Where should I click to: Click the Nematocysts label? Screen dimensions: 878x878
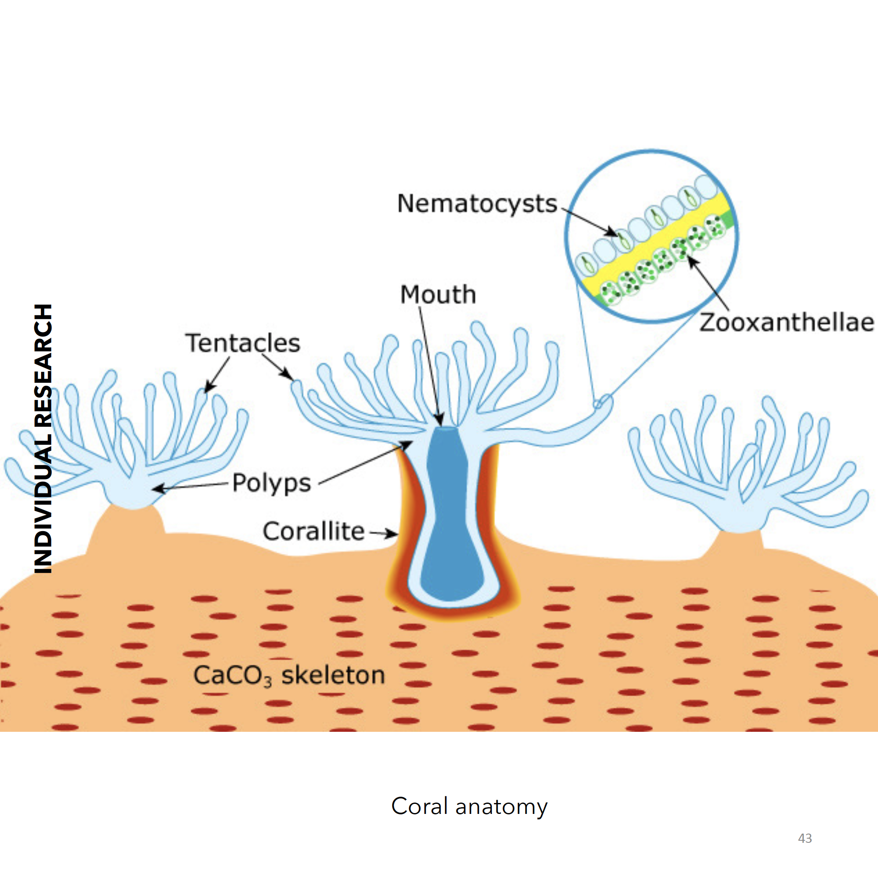click(x=477, y=204)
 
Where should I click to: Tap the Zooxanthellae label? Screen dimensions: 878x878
click(x=786, y=323)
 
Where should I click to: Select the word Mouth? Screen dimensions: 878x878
click(x=438, y=294)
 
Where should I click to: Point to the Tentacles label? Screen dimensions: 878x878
click(x=243, y=343)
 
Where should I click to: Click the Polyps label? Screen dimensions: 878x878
click(x=271, y=483)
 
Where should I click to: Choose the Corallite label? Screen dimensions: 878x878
click(x=314, y=531)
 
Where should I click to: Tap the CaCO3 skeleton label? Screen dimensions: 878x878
click(x=289, y=675)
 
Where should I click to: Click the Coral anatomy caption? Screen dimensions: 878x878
click(x=469, y=806)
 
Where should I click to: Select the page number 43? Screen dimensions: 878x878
click(x=805, y=839)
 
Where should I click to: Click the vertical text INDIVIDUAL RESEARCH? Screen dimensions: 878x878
click(x=43, y=439)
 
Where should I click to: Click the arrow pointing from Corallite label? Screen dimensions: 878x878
click(x=385, y=532)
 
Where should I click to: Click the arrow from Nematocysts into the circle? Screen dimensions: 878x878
click(x=591, y=223)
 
